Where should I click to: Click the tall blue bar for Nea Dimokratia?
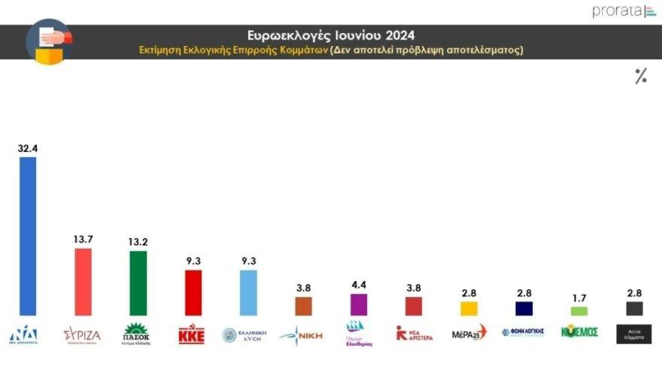pyautogui.click(x=27, y=236)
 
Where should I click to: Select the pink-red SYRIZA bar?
pyautogui.click(x=83, y=281)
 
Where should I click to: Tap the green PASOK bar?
pyautogui.click(x=138, y=283)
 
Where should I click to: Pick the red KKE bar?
pyautogui.click(x=193, y=292)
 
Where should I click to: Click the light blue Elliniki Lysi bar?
pyautogui.click(x=248, y=292)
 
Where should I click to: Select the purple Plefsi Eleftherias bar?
pyautogui.click(x=359, y=304)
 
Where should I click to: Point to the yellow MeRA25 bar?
pyautogui.click(x=469, y=308)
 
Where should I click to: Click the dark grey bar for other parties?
pyautogui.click(x=634, y=308)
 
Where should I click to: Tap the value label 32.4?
pyautogui.click(x=28, y=148)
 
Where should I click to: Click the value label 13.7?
pyautogui.click(x=83, y=239)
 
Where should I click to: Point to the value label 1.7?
pyautogui.click(x=579, y=298)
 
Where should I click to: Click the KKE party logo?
pyautogui.click(x=191, y=334)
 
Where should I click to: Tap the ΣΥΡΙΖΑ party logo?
pyautogui.click(x=82, y=334)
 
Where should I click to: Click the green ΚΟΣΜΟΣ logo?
pyautogui.click(x=579, y=331)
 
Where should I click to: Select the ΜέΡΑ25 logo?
pyautogui.click(x=469, y=333)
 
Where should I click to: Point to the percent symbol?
pyautogui.click(x=640, y=76)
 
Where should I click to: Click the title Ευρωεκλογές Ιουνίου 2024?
pyautogui.click(x=331, y=35)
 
